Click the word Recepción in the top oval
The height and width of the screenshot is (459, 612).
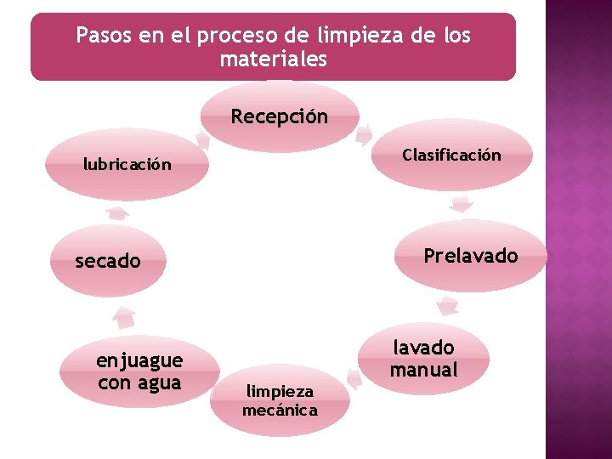tap(279, 116)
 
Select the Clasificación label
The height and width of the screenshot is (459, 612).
tap(451, 156)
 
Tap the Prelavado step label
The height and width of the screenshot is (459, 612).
tap(470, 256)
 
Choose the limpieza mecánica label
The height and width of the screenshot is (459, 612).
tap(280, 400)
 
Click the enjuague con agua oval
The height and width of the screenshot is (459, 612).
tap(139, 372)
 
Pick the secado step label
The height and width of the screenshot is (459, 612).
tap(108, 261)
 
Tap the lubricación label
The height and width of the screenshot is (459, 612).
tap(127, 164)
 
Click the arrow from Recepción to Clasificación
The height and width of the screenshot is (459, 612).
tap(365, 134)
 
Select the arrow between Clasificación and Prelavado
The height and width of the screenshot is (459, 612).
tap(462, 204)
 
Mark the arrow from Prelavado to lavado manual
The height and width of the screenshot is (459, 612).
tap(445, 306)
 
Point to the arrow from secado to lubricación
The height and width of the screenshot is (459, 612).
tap(117, 212)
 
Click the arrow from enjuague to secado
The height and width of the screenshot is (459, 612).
tap(124, 317)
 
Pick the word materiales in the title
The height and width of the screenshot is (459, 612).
tap(273, 60)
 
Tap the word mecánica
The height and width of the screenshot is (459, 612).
tap(280, 411)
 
